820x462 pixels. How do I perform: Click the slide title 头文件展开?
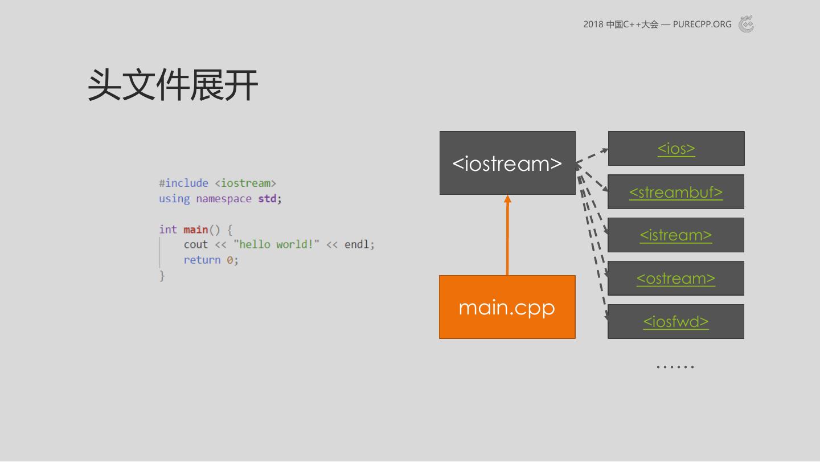[x=173, y=85]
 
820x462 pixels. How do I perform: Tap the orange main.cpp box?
[x=507, y=307]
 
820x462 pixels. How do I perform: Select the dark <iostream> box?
[x=507, y=163]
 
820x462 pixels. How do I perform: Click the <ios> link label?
[x=676, y=149]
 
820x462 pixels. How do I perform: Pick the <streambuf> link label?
[x=676, y=192]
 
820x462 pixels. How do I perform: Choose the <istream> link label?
[x=676, y=235]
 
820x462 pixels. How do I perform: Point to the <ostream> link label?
[x=676, y=279]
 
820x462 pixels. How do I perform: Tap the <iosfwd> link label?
[x=676, y=322]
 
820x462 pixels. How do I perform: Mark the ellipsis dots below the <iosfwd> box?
[x=675, y=366]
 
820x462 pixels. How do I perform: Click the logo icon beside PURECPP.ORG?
[x=746, y=24]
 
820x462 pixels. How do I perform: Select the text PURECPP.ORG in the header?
[x=702, y=24]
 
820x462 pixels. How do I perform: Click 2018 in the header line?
[x=593, y=24]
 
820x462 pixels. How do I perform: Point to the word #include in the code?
[x=183, y=183]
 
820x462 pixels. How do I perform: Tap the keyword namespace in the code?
[x=223, y=199]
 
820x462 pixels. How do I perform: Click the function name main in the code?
[x=195, y=230]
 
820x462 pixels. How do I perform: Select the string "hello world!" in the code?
[x=276, y=244]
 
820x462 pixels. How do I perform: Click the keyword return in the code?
[x=202, y=260]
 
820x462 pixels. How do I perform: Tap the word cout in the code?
[x=195, y=244]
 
